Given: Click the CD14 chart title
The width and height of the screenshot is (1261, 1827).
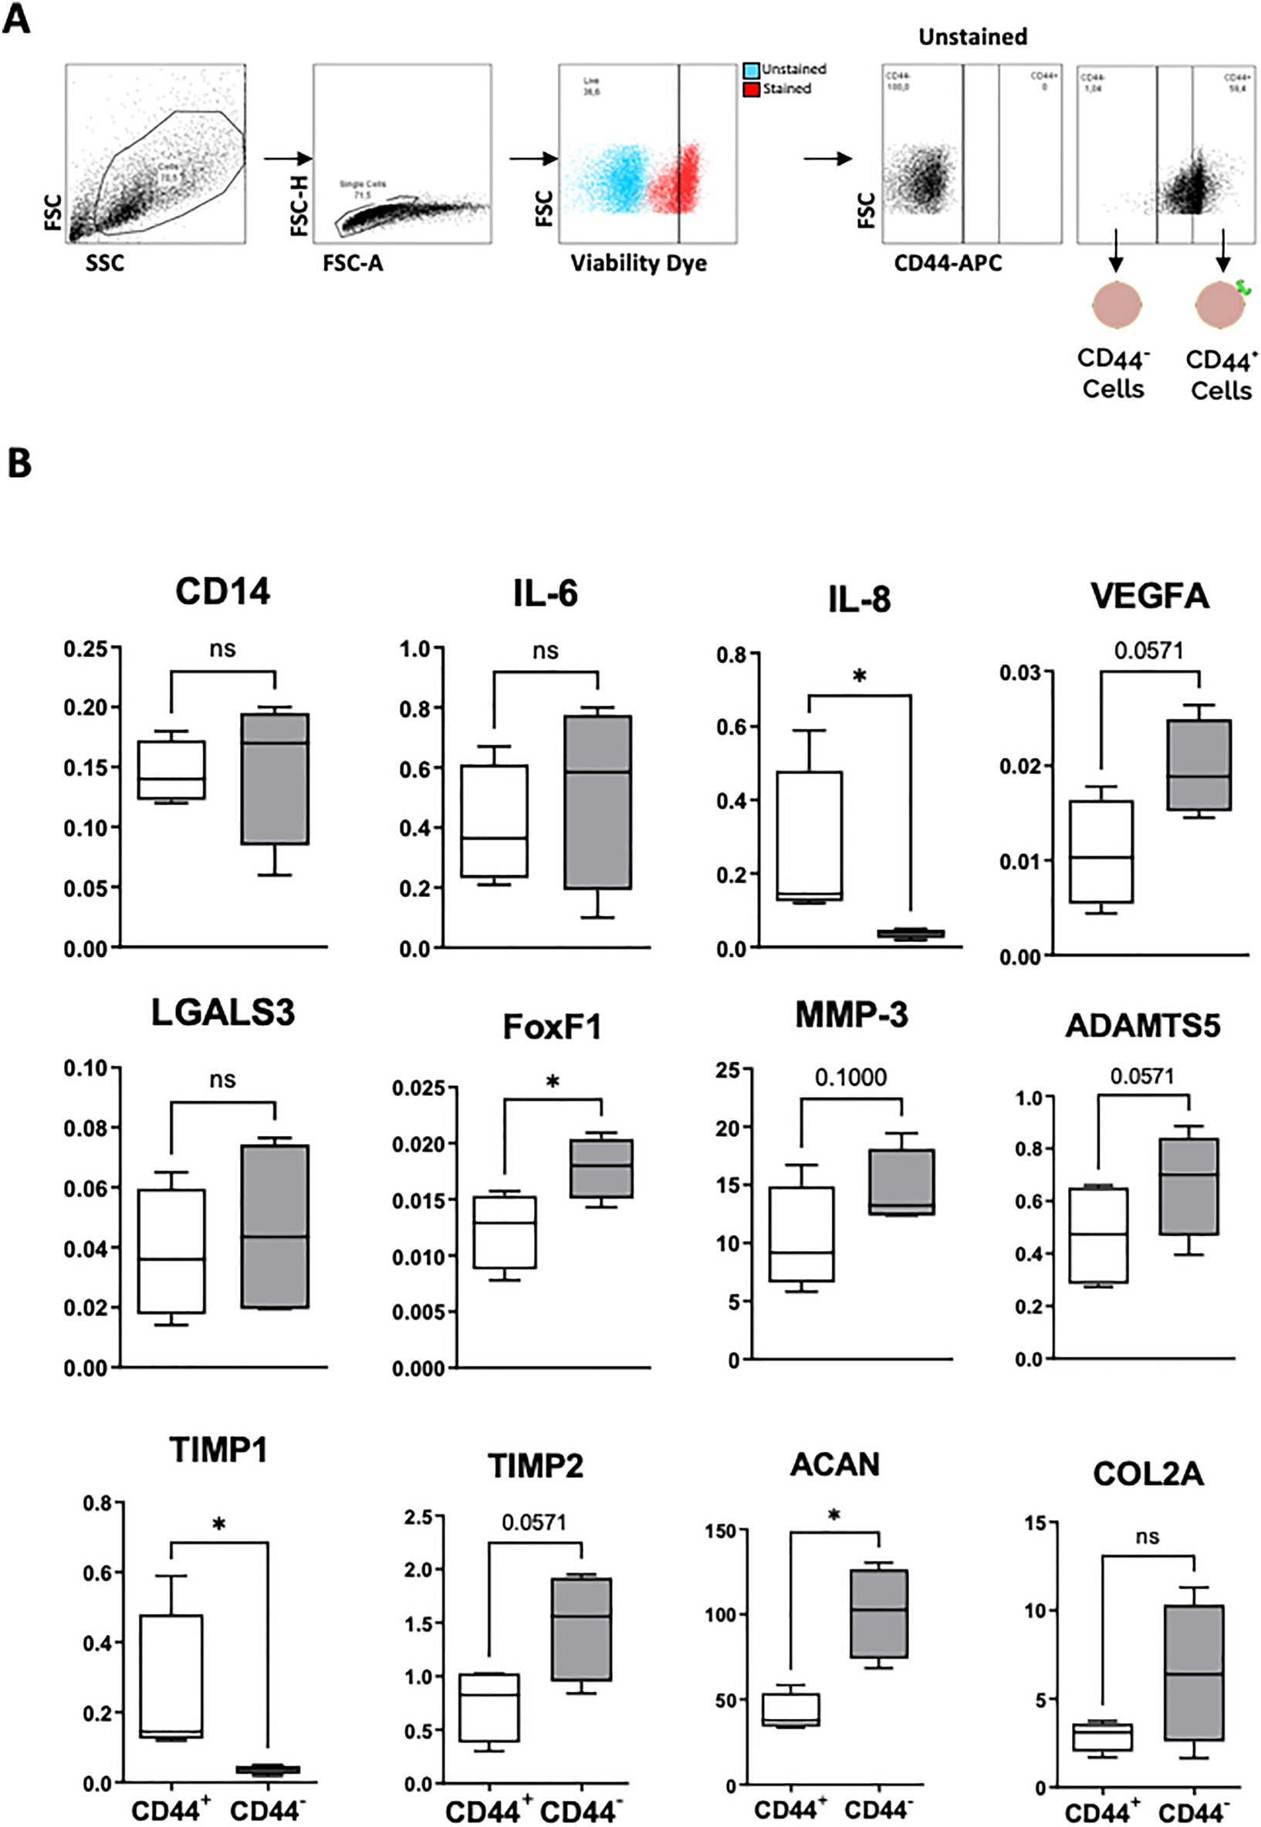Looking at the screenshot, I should point(222,591).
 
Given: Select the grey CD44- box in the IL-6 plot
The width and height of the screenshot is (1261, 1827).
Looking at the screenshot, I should point(597,802).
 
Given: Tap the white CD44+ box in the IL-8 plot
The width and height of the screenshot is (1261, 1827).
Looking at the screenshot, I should point(809,835).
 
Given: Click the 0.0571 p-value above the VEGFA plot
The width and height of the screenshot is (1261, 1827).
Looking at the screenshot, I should point(1149,651).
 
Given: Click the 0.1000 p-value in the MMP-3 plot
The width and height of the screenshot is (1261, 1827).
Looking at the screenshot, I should point(850,1077).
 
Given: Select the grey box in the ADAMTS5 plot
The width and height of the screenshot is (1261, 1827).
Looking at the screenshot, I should point(1188,1186).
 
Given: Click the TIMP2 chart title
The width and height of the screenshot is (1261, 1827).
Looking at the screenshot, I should point(535,1466).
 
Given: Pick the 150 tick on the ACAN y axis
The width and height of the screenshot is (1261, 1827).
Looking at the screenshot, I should point(721,1531).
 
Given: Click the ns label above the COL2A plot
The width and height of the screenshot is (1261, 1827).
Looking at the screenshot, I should point(1148,1536).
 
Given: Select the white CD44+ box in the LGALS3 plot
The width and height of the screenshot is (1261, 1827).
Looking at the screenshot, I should point(171,1251).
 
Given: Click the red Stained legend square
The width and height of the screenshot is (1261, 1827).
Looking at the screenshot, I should point(752,89).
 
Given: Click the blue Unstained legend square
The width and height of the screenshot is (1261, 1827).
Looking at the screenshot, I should point(752,69).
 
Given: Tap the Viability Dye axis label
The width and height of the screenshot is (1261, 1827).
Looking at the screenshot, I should point(638,263).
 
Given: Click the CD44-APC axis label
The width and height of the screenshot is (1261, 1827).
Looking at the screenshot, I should point(948,263).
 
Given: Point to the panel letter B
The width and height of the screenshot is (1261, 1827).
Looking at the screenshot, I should point(19,463).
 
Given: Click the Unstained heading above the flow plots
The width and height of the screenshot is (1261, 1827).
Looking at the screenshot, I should point(972,36).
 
